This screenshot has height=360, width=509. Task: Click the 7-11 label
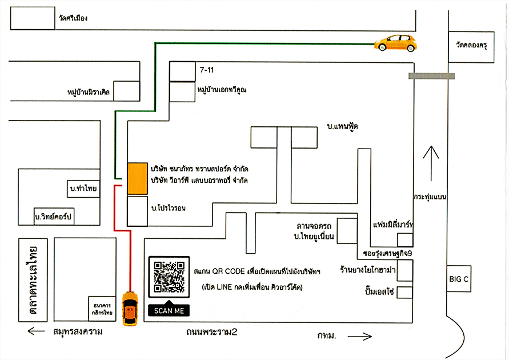point(206,69)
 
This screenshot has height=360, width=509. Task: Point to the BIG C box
point(459,279)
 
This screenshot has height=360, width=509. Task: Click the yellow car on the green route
point(395,43)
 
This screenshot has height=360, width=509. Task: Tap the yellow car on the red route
point(130,309)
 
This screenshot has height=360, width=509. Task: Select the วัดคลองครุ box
point(471,43)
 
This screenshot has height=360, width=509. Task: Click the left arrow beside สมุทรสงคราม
point(36,331)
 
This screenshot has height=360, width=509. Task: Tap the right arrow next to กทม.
point(359,336)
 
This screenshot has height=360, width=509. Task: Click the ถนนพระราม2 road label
point(211,331)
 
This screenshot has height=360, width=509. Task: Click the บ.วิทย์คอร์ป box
point(55,217)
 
